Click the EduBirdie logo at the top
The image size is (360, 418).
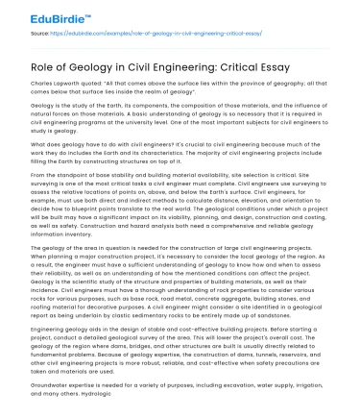pyautogui.click(x=44, y=16)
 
